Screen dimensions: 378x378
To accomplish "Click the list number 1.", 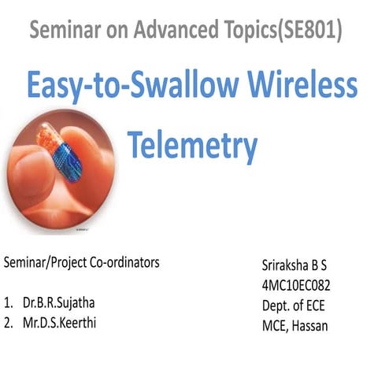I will pyautogui.click(x=8, y=302).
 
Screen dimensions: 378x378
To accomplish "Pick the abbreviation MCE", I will pyautogui.click(x=272, y=324).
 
